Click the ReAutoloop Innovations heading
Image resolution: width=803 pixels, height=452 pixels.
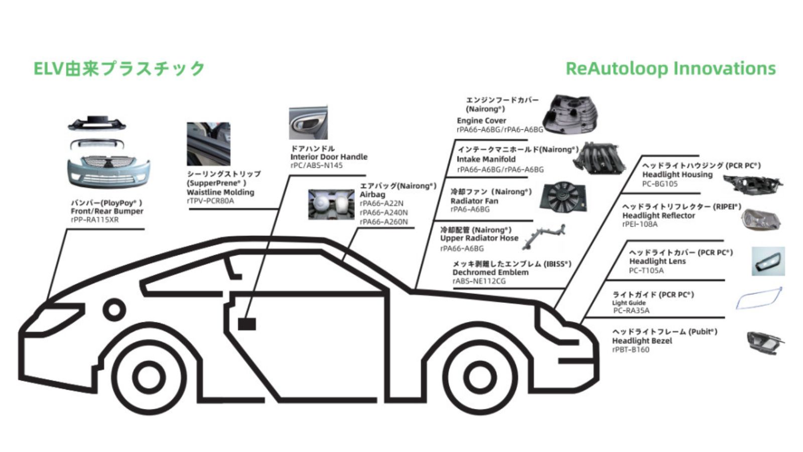[x=671, y=68]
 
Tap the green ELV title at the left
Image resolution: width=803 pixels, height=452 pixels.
[x=119, y=68]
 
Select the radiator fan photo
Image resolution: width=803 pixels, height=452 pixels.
[x=563, y=196]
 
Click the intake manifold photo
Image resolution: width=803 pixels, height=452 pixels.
[x=600, y=158]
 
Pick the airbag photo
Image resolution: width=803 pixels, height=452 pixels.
[x=331, y=204]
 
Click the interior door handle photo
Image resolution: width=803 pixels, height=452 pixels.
[x=308, y=123]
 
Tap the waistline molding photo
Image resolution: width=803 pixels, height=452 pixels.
[x=208, y=144]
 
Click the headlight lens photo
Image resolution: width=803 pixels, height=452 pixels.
[x=768, y=261]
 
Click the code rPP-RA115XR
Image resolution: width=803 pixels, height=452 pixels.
[x=95, y=220]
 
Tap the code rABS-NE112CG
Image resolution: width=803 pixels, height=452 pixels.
[x=479, y=281]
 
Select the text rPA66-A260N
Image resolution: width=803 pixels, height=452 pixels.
[x=383, y=222]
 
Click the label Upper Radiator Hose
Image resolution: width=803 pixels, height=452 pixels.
[x=479, y=238]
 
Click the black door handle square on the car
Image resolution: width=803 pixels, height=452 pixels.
[x=246, y=324]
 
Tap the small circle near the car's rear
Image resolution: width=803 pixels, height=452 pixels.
[x=114, y=310]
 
